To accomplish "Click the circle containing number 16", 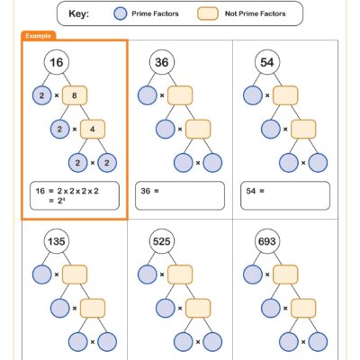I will click(56, 62).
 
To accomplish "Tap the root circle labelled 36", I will click(162, 62).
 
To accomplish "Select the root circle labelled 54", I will click(267, 62).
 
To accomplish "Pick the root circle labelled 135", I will click(56, 242).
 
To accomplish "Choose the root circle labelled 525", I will click(162, 242).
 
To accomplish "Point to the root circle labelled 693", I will click(267, 242).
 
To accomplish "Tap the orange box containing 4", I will click(94, 129).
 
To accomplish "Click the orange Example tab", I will click(38, 35).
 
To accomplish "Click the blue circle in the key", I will click(121, 13).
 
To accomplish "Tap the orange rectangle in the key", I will click(209, 13).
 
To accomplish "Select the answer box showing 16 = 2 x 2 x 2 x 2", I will click(75, 195).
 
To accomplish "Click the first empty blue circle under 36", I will click(148, 95).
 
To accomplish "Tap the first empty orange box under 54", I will click(285, 95).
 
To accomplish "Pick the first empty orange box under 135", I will click(75, 274).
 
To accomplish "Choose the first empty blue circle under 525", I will click(148, 274).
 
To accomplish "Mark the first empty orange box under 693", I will click(285, 274).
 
